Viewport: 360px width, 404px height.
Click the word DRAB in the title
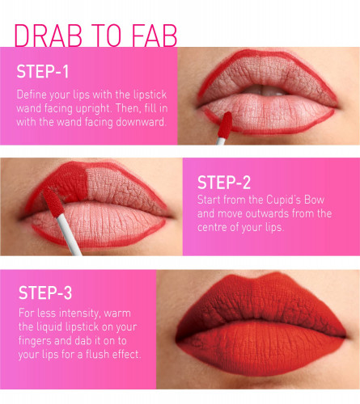49,36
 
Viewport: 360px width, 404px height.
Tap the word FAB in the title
155,36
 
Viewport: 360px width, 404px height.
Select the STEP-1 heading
43,72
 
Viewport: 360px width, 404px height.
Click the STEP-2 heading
224,183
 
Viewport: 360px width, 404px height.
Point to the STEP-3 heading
45,292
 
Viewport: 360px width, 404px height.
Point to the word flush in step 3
97,354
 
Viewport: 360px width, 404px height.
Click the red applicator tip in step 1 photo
225,125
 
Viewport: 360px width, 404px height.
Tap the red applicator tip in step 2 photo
53,202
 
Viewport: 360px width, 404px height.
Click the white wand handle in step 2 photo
69,234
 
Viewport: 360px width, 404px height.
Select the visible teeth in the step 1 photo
265,90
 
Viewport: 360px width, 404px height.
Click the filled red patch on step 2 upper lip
67,182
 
